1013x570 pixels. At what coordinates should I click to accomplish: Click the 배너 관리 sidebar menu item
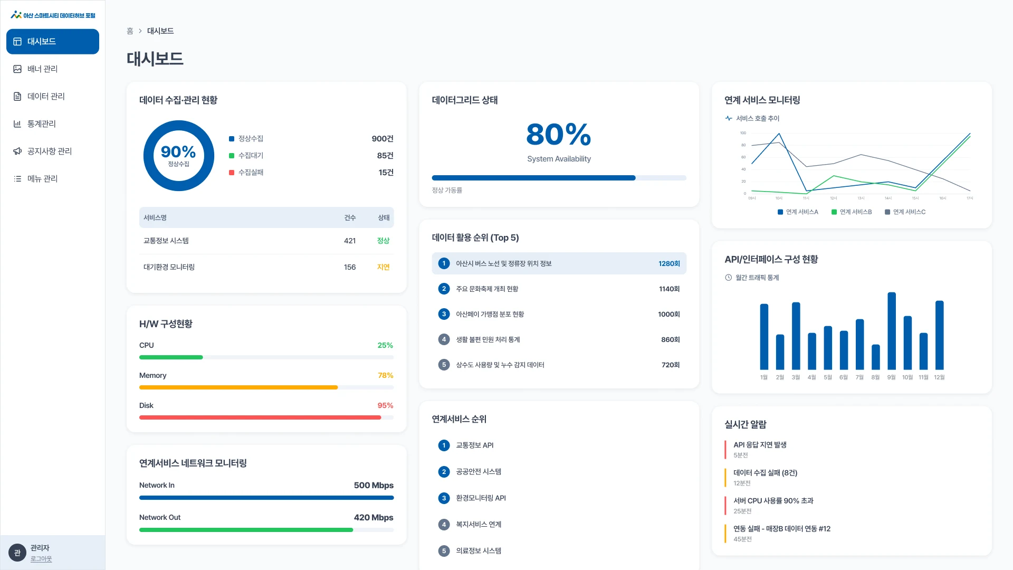tap(42, 69)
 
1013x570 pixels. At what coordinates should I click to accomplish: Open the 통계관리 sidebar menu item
tap(41, 124)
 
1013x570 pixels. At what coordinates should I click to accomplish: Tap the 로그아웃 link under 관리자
tap(41, 559)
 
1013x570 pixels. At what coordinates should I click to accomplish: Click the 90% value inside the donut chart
tap(178, 152)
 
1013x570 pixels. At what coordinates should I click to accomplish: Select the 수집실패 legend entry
tap(246, 173)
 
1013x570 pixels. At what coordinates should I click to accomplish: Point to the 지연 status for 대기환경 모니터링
tap(383, 267)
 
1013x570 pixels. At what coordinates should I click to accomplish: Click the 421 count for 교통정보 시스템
tap(350, 241)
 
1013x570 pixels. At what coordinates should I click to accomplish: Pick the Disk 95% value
tap(385, 405)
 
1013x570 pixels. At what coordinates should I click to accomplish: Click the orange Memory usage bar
tap(238, 387)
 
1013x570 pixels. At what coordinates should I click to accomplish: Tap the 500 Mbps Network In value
tap(374, 486)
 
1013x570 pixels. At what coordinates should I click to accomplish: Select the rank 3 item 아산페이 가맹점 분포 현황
tap(490, 315)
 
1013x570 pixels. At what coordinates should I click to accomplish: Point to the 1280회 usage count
tap(669, 264)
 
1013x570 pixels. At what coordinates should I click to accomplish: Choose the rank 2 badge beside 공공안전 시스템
tap(444, 472)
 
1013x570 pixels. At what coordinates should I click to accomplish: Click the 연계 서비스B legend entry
tap(852, 212)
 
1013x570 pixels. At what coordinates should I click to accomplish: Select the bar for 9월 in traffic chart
tap(892, 331)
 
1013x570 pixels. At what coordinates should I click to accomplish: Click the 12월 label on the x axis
tap(939, 377)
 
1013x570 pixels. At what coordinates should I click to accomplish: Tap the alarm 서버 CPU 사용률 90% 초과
tap(773, 501)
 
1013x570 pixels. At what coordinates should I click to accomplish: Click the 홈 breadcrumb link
tap(130, 31)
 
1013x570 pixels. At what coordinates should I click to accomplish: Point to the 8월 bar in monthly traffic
tap(876, 357)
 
